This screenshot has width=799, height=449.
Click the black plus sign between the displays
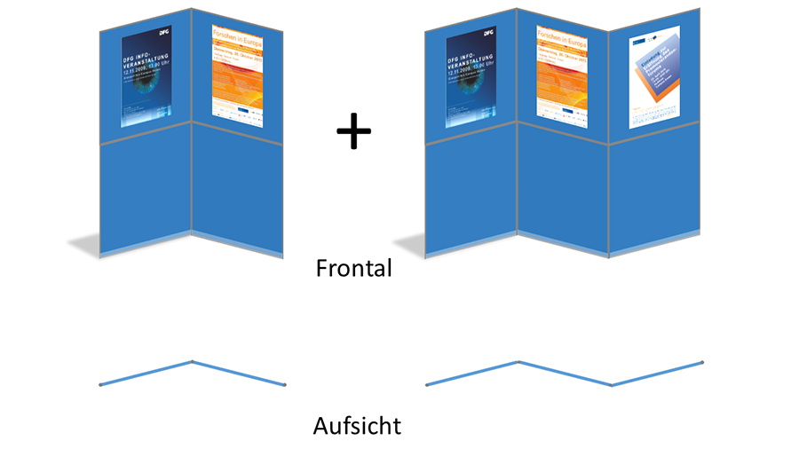353,132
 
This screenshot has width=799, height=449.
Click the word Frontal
353,268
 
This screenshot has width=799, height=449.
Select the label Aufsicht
357,426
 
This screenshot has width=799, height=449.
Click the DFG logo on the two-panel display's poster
163,33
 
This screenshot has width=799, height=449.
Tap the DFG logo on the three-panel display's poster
487,33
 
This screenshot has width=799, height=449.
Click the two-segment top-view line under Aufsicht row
147,373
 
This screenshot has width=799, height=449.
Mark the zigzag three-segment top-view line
565,374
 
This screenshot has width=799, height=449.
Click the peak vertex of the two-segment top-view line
192,362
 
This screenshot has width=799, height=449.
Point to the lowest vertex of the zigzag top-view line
611,384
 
